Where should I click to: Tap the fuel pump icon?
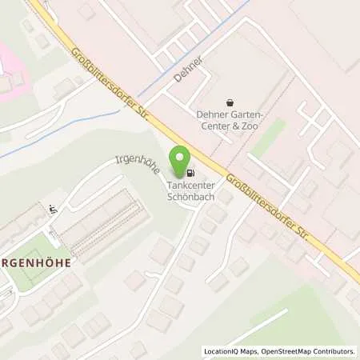pyautogui.click(x=190, y=172)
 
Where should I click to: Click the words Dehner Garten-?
pyautogui.click(x=229, y=114)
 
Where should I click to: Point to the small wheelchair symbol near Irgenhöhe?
pyautogui.click(x=53, y=210)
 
